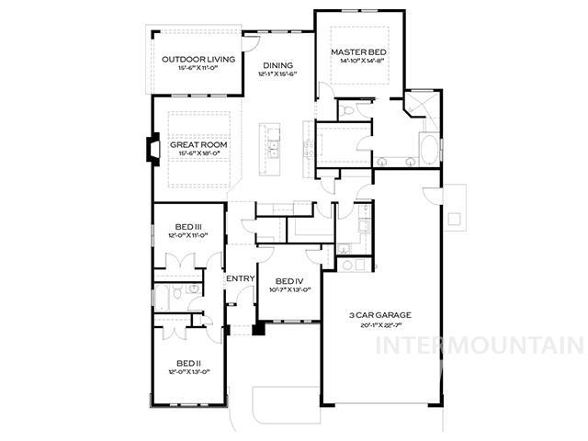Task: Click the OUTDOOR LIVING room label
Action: [x=198, y=60]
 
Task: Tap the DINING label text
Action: [x=278, y=65]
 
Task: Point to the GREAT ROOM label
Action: [x=198, y=145]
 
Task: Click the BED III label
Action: [x=189, y=227]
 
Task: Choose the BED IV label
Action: [x=288, y=280]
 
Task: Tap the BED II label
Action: [x=189, y=363]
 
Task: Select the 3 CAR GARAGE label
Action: [x=379, y=315]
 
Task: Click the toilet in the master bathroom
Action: [x=346, y=110]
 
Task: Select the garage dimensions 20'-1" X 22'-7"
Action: [x=379, y=324]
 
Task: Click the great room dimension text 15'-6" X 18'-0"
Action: [x=198, y=154]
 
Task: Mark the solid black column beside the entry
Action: [x=259, y=326]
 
